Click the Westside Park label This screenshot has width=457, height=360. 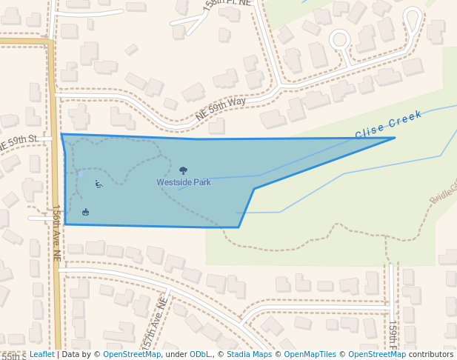click(184, 182)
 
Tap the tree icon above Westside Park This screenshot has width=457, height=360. click(184, 171)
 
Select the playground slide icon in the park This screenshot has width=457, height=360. click(99, 184)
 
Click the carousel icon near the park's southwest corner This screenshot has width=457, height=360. click(86, 213)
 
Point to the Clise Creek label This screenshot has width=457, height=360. click(388, 124)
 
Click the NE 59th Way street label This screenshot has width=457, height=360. click(220, 110)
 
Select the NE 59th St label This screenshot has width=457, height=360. click(19, 141)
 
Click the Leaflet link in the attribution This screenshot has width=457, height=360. click(41, 355)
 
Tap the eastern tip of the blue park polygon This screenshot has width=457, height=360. click(394, 138)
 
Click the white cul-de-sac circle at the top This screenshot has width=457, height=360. click(339, 39)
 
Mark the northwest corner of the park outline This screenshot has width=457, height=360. click(61, 134)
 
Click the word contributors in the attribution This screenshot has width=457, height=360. click(431, 355)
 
